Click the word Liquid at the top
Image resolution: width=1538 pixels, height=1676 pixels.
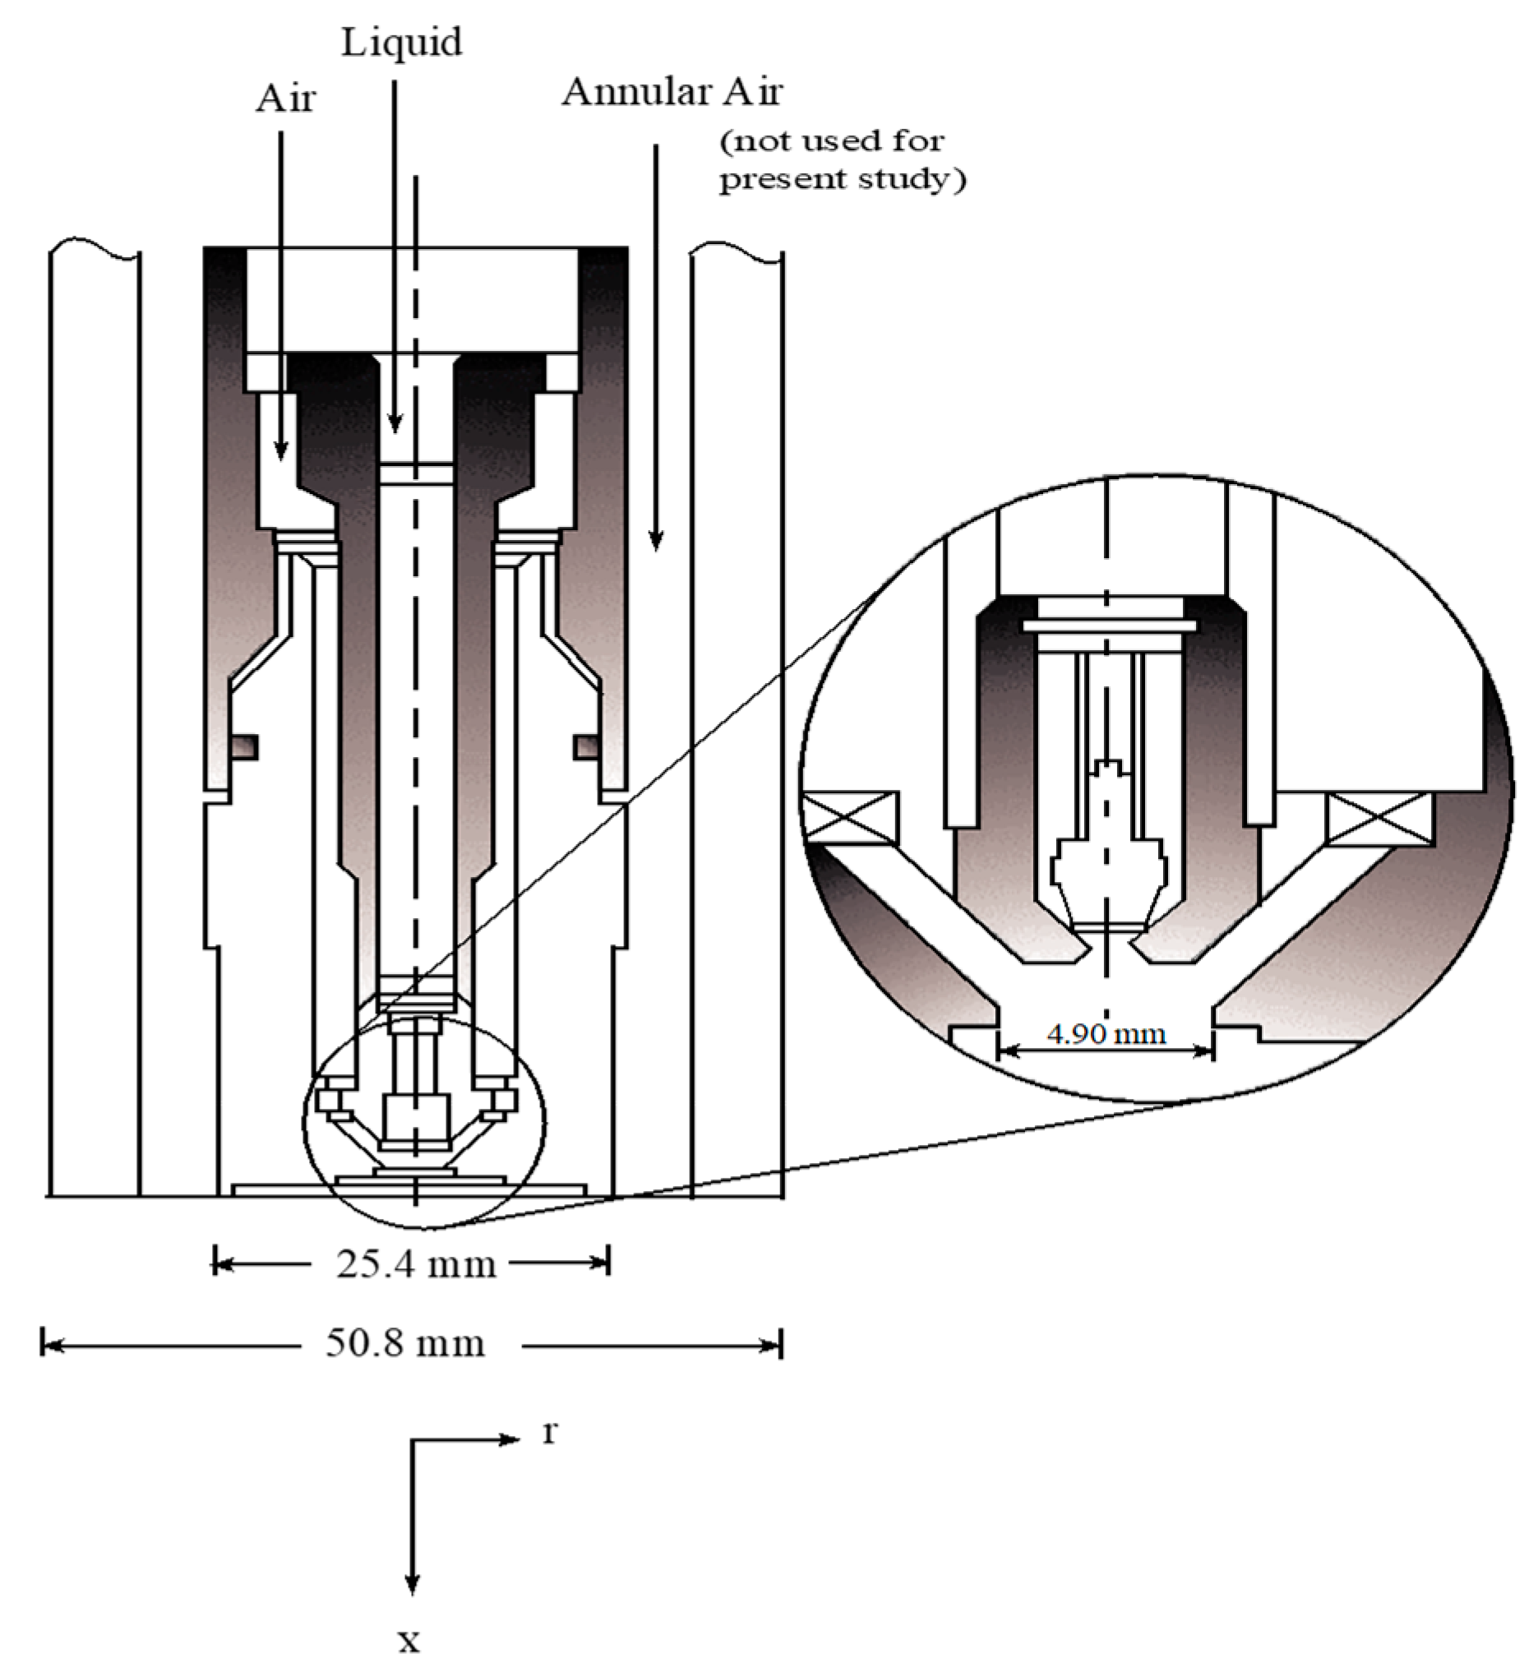[x=401, y=42]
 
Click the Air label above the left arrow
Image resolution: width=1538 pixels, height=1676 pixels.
[x=285, y=99]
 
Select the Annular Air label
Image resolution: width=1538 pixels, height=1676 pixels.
[x=672, y=91]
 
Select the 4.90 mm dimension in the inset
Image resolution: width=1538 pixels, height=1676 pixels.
[x=1106, y=1034]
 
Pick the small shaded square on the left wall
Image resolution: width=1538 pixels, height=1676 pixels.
[x=244, y=746]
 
